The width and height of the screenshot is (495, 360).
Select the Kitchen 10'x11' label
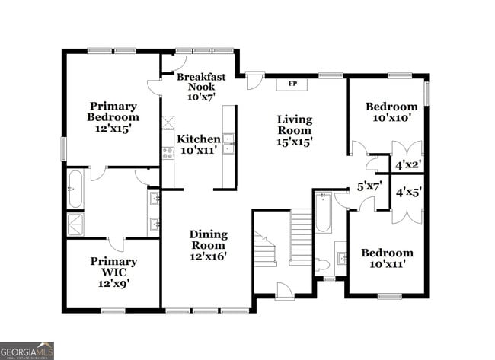199,145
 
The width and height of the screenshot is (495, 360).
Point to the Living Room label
294,130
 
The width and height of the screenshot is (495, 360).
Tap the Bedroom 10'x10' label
391,112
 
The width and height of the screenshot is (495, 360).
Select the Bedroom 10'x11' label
387,258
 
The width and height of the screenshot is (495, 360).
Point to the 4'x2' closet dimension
409,163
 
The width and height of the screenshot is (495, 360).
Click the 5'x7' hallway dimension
370,186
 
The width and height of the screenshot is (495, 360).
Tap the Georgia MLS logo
27,350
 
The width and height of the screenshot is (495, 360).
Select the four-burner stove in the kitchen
168,154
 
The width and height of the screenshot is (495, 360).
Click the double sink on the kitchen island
228,142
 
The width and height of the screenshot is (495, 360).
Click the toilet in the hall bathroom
323,264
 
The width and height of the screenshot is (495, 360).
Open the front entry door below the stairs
283,290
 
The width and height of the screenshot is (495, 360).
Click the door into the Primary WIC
114,244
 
